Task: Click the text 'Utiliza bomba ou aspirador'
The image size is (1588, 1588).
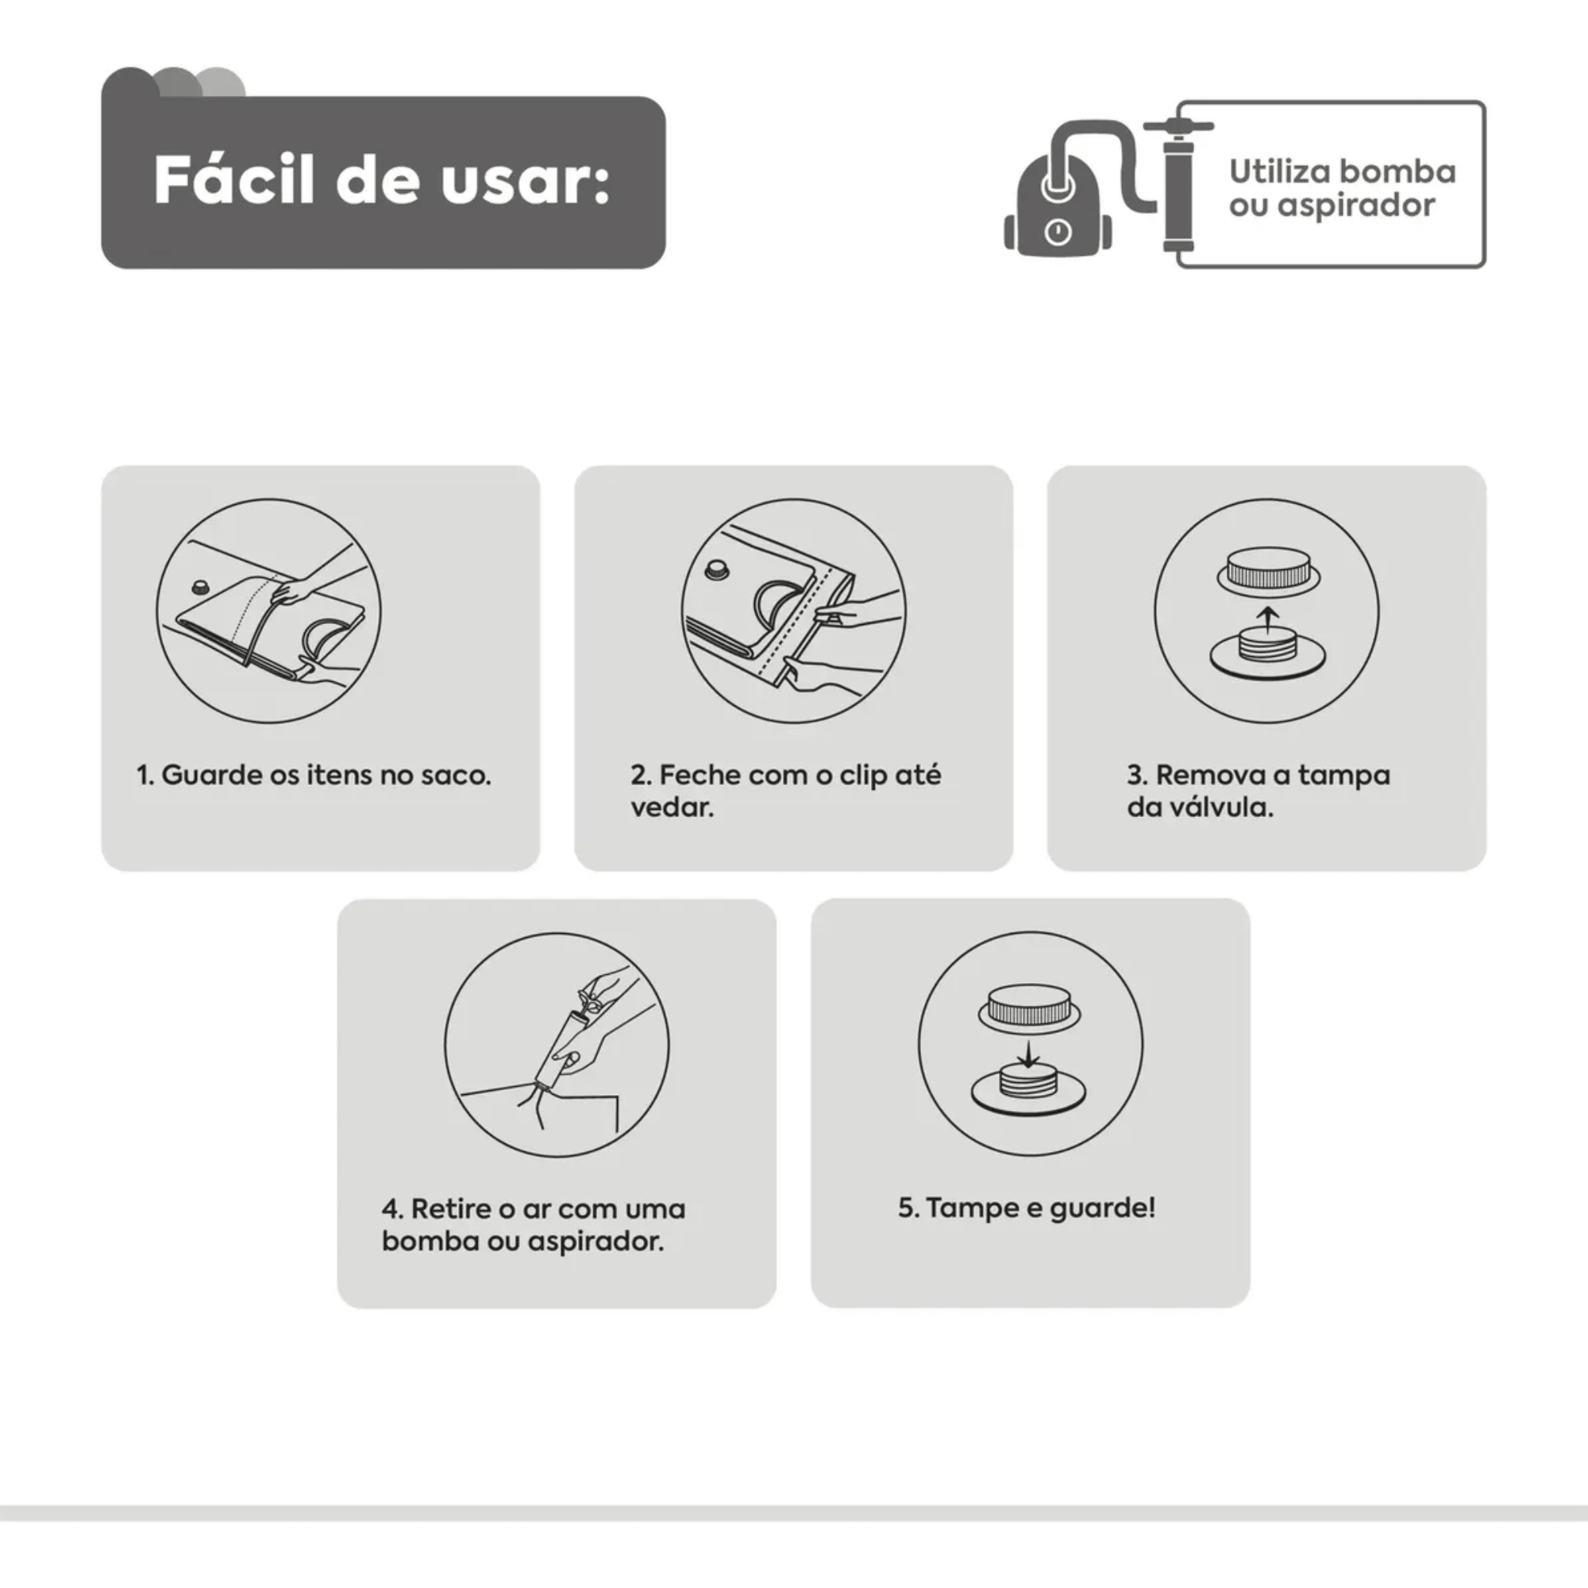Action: (x=1341, y=188)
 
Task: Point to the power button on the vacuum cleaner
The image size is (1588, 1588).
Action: (x=1058, y=233)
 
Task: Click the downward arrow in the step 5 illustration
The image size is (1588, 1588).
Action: (x=1027, y=1054)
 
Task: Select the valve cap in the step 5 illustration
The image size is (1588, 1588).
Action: (x=1029, y=1008)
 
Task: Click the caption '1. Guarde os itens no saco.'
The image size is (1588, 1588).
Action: (x=313, y=775)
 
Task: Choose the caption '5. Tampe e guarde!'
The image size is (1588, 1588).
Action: (x=1027, y=1208)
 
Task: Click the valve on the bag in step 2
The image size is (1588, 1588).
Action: (x=718, y=569)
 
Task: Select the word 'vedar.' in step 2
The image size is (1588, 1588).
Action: (x=673, y=807)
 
